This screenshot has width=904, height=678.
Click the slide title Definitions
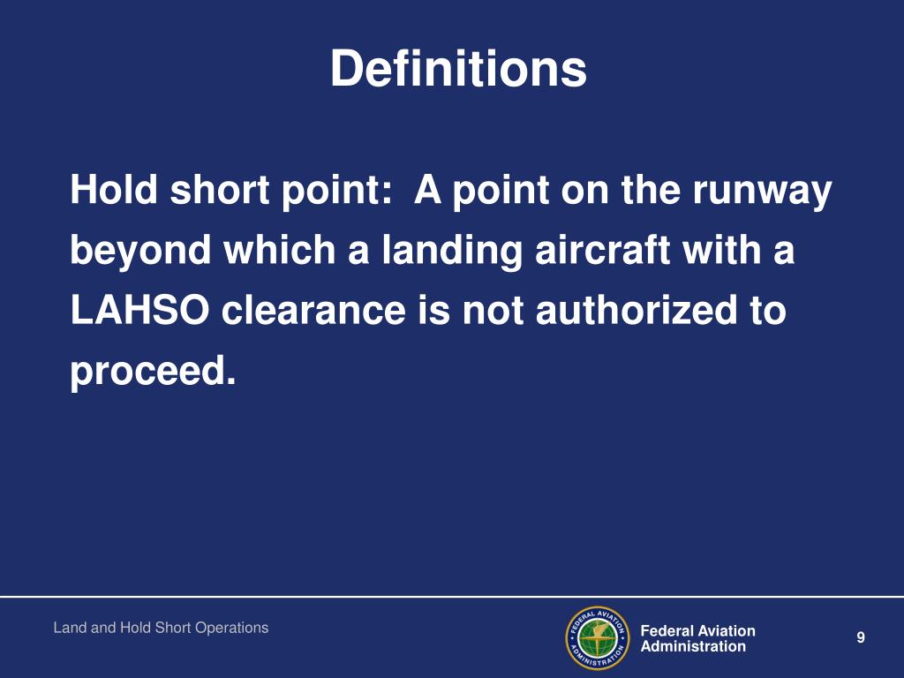point(458,69)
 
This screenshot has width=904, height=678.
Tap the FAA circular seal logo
point(597,638)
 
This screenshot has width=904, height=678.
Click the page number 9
point(860,638)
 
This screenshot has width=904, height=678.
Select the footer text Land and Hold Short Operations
point(161,628)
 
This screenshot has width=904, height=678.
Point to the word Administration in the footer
point(692,646)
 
